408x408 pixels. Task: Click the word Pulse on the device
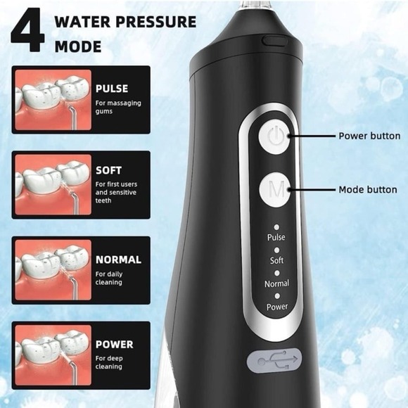tap(276, 238)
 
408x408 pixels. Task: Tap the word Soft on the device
tap(276, 261)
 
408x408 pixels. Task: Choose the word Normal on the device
tap(276, 284)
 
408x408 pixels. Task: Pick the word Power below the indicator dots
tap(276, 307)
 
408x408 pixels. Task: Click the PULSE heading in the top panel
tap(113, 89)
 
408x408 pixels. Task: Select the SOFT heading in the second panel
tap(108, 170)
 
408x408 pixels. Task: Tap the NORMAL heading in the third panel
tap(118, 259)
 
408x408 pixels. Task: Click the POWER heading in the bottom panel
tap(114, 345)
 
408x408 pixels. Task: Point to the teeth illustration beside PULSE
tap(53, 100)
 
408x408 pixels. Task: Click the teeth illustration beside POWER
tap(53, 355)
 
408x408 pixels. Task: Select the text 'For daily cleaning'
tap(109, 277)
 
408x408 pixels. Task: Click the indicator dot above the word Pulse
tap(276, 227)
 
